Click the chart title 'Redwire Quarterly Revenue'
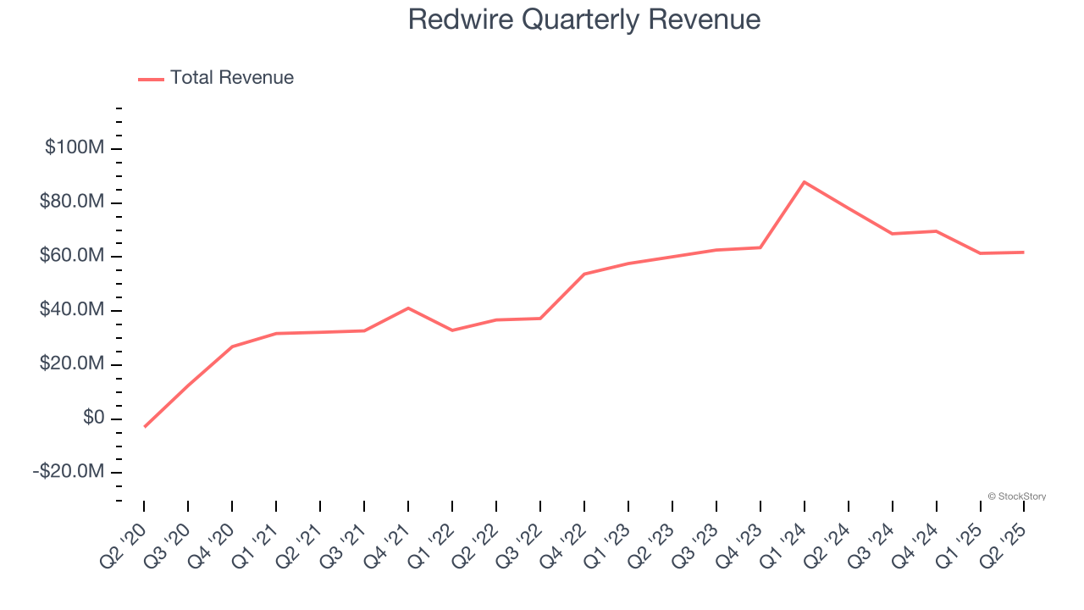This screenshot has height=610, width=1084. (x=583, y=19)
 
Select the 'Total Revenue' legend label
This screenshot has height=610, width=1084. (x=231, y=78)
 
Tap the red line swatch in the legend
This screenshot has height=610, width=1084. (x=151, y=79)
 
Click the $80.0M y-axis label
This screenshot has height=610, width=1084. (x=72, y=202)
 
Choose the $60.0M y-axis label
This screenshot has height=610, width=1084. (x=72, y=256)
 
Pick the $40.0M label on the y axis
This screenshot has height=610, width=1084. (x=72, y=310)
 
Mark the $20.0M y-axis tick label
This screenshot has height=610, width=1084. (x=72, y=364)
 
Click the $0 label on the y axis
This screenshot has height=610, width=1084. (x=93, y=418)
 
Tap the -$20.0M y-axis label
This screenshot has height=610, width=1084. (x=69, y=472)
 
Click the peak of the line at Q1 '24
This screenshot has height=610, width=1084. (x=804, y=182)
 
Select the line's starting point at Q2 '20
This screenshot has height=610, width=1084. (x=144, y=426)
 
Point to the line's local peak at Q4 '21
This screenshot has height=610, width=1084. (x=408, y=308)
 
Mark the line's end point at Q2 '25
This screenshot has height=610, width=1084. (x=1024, y=252)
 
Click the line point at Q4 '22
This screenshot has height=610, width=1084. (x=584, y=274)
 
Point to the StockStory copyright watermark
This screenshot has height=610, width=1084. (x=1016, y=496)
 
